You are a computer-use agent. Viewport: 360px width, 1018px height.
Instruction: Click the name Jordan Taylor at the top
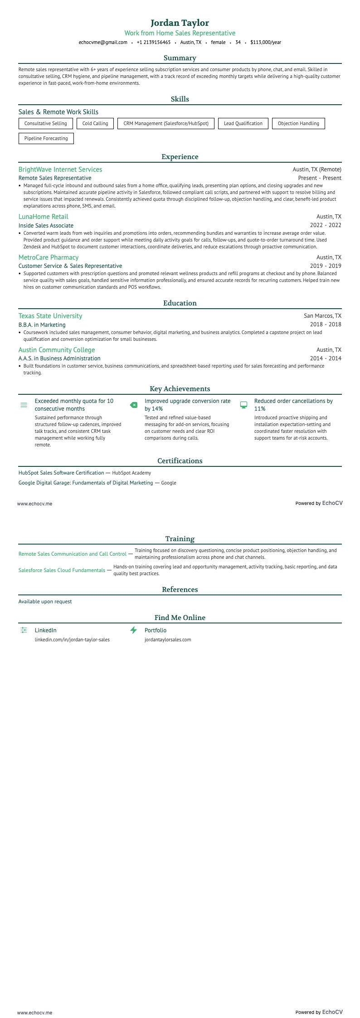click(x=180, y=23)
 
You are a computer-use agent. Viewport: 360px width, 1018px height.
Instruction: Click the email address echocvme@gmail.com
click(x=103, y=42)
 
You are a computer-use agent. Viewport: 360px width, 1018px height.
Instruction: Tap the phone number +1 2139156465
click(x=153, y=42)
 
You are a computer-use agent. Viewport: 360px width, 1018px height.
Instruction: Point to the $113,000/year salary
click(x=265, y=42)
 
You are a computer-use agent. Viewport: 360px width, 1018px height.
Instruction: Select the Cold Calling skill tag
click(x=95, y=123)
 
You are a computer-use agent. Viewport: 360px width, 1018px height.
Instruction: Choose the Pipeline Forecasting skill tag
click(x=46, y=138)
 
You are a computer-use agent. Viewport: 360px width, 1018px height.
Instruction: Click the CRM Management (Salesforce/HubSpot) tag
click(x=165, y=123)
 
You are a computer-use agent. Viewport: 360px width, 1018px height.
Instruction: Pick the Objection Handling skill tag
click(x=298, y=123)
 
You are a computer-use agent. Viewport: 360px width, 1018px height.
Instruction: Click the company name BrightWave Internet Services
click(x=60, y=170)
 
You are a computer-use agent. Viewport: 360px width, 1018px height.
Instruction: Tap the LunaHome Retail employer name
click(x=44, y=217)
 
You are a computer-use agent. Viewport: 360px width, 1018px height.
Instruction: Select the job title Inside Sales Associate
click(x=46, y=225)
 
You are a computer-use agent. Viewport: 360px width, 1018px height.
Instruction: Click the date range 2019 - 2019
click(x=325, y=266)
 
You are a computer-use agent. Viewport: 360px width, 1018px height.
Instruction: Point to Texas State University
click(x=50, y=316)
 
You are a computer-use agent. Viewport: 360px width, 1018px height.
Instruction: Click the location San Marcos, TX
click(x=322, y=316)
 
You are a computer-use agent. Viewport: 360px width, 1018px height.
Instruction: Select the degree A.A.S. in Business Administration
click(x=59, y=359)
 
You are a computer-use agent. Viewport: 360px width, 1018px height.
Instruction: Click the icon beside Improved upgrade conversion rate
click(x=134, y=405)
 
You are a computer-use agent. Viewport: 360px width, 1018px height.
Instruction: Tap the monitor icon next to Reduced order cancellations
click(x=243, y=405)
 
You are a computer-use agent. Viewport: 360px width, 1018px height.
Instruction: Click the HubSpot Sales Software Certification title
click(x=61, y=473)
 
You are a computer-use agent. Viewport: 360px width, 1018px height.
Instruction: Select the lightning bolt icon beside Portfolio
click(x=134, y=630)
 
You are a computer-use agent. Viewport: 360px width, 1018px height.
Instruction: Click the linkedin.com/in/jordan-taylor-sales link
click(x=72, y=640)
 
